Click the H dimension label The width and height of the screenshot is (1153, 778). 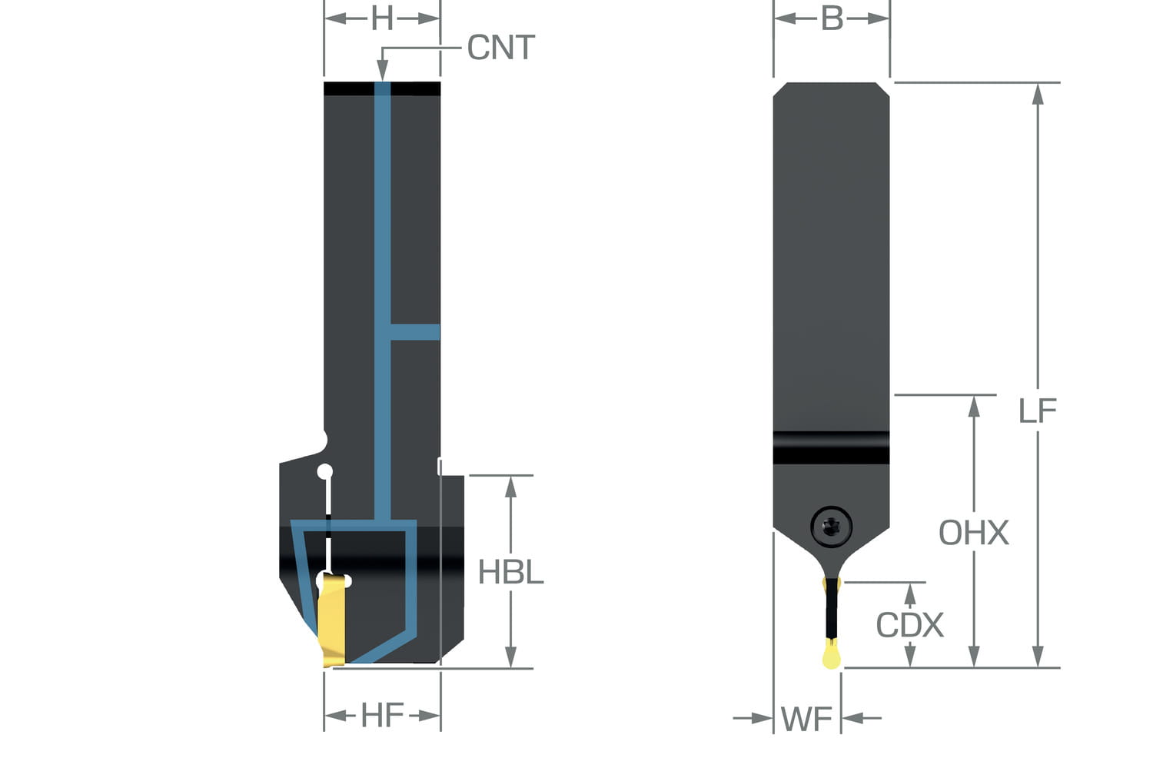pyautogui.click(x=382, y=19)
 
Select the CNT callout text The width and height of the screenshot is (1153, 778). pyautogui.click(x=500, y=48)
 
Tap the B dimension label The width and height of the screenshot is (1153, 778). pyautogui.click(x=832, y=18)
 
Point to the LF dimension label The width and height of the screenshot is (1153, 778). pyautogui.click(x=1037, y=411)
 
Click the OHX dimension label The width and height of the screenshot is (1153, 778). pyautogui.click(x=973, y=533)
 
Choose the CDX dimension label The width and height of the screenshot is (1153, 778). pyautogui.click(x=909, y=625)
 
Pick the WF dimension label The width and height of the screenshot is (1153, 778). pyautogui.click(x=806, y=720)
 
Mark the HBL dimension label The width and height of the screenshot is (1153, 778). pyautogui.click(x=510, y=572)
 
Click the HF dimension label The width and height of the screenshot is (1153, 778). pyautogui.click(x=382, y=716)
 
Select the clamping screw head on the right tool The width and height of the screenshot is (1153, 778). pyautogui.click(x=831, y=527)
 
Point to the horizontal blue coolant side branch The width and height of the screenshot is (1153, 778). pyautogui.click(x=415, y=332)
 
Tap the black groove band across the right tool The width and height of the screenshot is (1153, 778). pyautogui.click(x=831, y=447)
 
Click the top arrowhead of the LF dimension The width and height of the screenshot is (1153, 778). pyautogui.click(x=1038, y=93)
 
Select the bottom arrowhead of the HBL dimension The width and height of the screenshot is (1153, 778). pyautogui.click(x=510, y=658)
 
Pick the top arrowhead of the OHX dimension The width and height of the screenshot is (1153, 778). pyautogui.click(x=974, y=405)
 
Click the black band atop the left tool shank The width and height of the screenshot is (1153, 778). pyautogui.click(x=382, y=88)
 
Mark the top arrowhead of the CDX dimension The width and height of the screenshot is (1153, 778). pyautogui.click(x=910, y=593)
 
